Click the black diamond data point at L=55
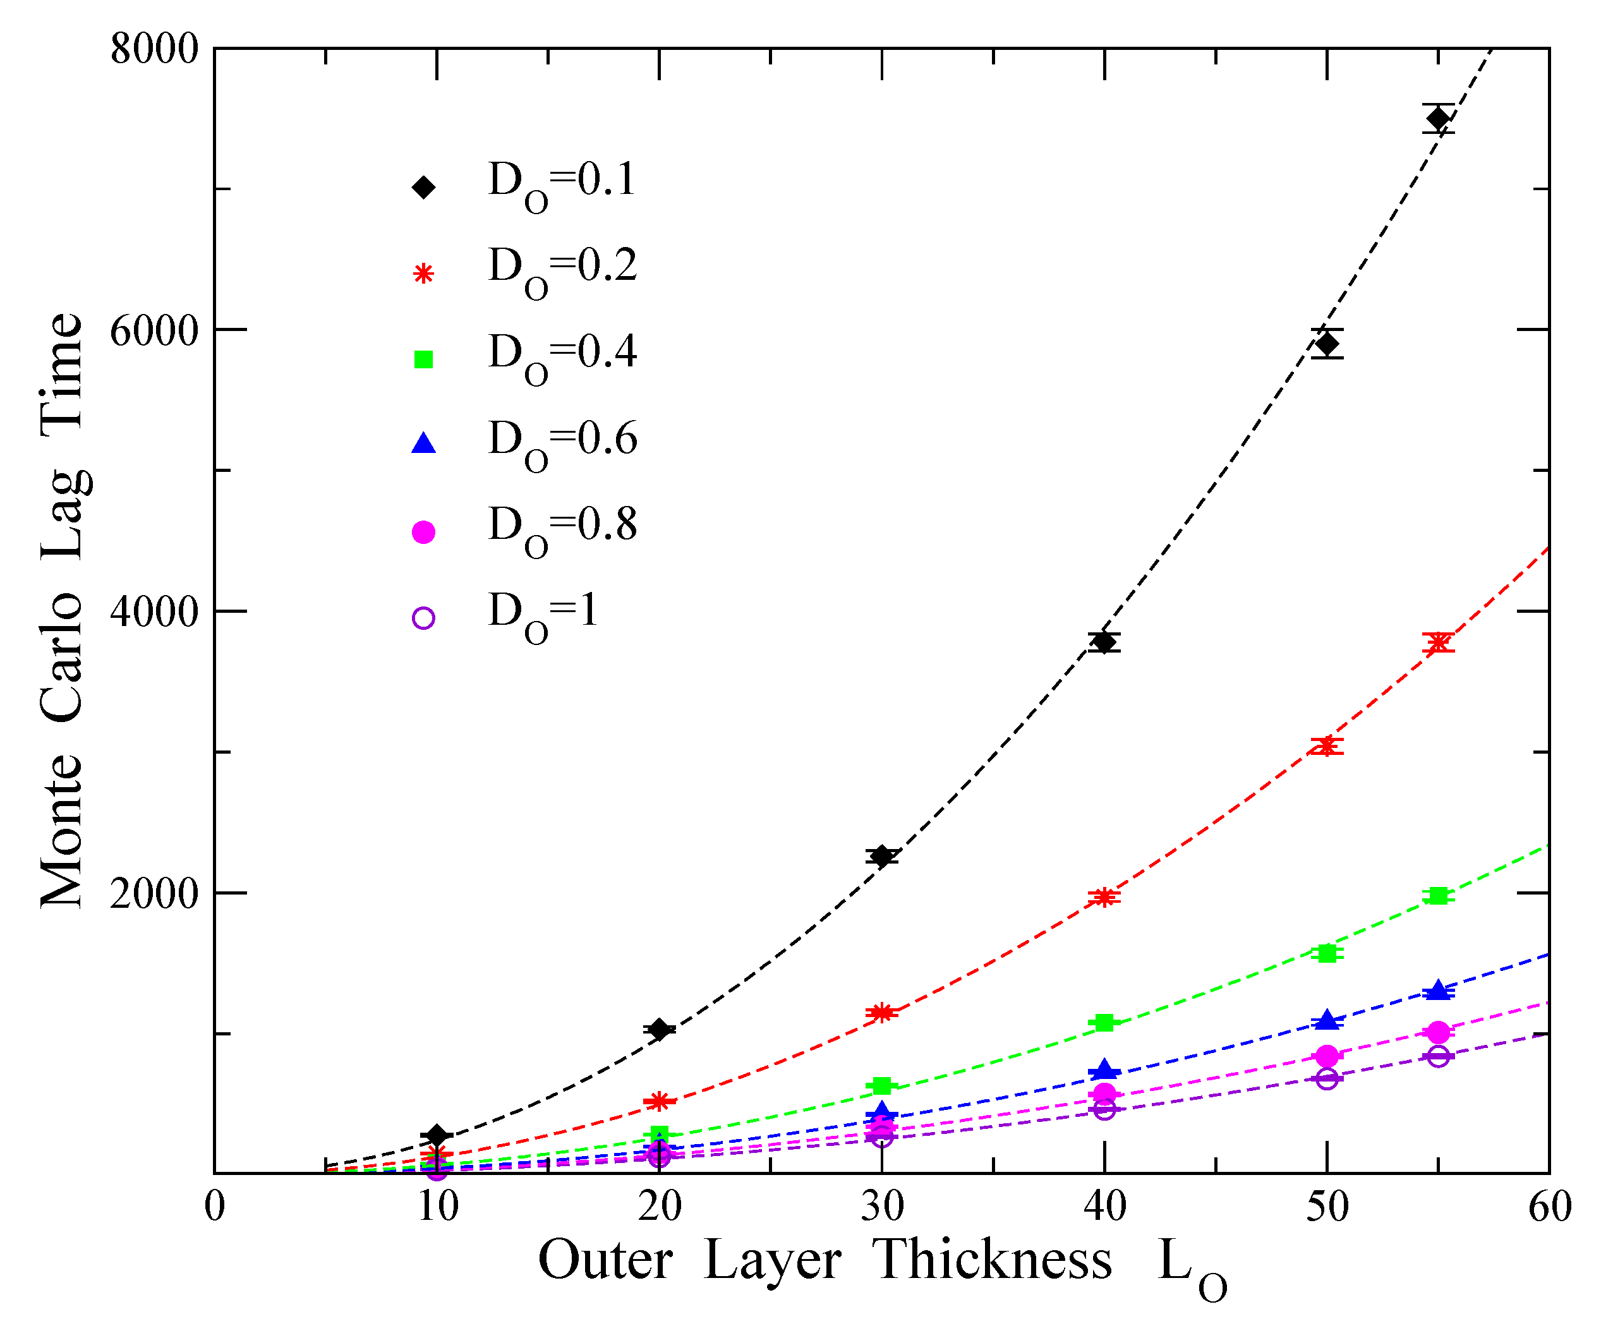pos(1438,118)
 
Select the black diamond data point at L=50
pos(1327,344)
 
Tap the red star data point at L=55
pos(1438,642)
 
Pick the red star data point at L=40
pos(1104,897)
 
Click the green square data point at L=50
pos(1327,953)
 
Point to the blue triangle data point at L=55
pos(1438,990)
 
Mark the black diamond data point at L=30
pos(882,857)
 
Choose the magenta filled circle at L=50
pos(1327,1056)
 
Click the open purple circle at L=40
pos(1104,1109)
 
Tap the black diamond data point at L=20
pos(660,1030)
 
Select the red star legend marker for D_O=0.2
pos(423,274)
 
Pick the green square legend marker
pos(423,359)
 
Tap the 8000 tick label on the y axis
pos(154,51)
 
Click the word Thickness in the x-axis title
pos(992,1260)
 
